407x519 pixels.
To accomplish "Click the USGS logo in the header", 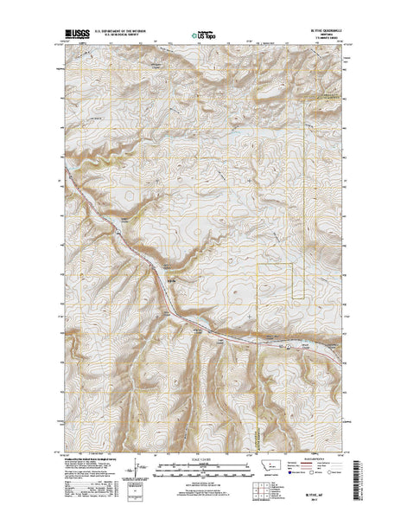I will click(x=75, y=37).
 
